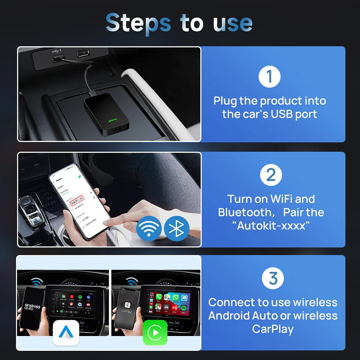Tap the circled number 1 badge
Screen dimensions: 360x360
(269, 76)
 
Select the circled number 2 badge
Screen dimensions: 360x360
(271, 175)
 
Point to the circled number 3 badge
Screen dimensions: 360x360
(273, 278)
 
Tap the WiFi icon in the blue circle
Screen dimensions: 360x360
(149, 229)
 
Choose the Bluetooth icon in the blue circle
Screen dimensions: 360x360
(177, 229)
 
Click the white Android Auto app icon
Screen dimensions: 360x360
(66, 333)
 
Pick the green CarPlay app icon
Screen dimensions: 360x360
(155, 333)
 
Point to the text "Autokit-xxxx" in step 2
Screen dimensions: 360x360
(271, 225)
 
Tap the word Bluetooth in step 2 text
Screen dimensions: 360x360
(244, 212)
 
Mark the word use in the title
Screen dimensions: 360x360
(233, 24)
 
